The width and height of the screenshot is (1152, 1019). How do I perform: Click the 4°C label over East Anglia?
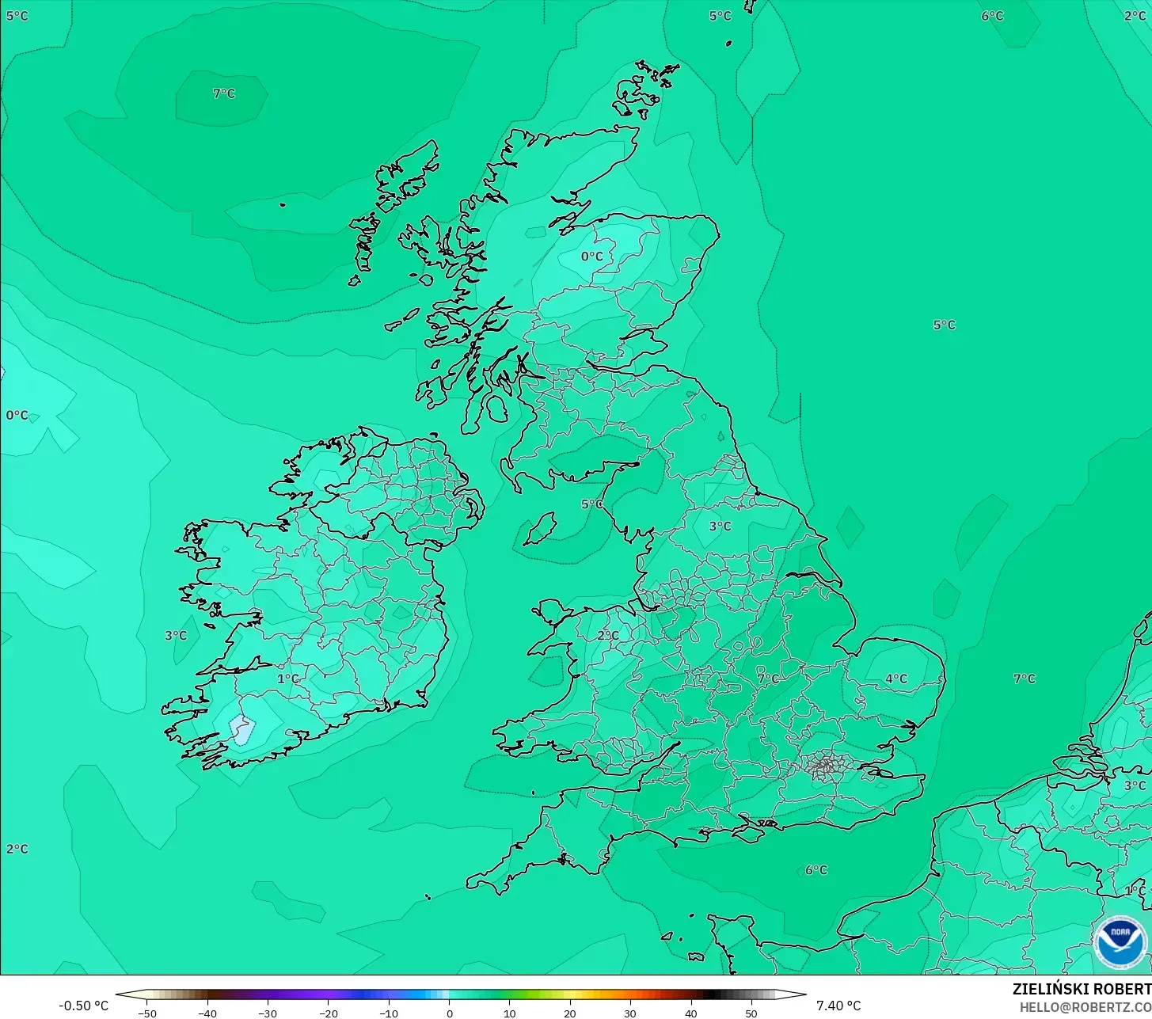click(896, 679)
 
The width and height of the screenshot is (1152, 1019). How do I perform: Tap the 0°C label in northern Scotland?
click(591, 256)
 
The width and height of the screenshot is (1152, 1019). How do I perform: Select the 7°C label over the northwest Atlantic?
click(224, 93)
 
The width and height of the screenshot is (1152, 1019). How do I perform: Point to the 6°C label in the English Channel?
click(816, 870)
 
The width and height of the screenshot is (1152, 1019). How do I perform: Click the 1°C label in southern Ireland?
click(288, 679)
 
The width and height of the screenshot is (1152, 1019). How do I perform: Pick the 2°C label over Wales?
click(608, 635)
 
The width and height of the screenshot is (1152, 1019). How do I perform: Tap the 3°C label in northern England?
click(720, 526)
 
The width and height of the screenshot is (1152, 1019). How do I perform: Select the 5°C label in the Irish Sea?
click(591, 504)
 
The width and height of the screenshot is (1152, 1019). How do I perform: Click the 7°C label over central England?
click(768, 679)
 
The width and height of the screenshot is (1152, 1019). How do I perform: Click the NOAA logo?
click(1120, 942)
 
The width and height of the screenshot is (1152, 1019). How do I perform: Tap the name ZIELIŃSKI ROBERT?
click(1082, 989)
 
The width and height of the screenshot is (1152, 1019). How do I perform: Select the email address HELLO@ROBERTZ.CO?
click(1085, 1007)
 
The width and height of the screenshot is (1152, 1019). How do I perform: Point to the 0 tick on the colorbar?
click(449, 1013)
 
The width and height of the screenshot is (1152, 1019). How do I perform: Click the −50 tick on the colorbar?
click(146, 1013)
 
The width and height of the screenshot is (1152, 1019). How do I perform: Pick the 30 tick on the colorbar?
click(630, 1013)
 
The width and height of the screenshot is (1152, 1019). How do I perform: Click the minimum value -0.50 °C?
click(83, 1006)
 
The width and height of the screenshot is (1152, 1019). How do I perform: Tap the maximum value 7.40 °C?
click(838, 1006)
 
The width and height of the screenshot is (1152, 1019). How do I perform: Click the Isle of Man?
click(541, 528)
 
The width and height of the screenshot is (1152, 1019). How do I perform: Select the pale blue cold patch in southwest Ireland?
click(241, 729)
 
